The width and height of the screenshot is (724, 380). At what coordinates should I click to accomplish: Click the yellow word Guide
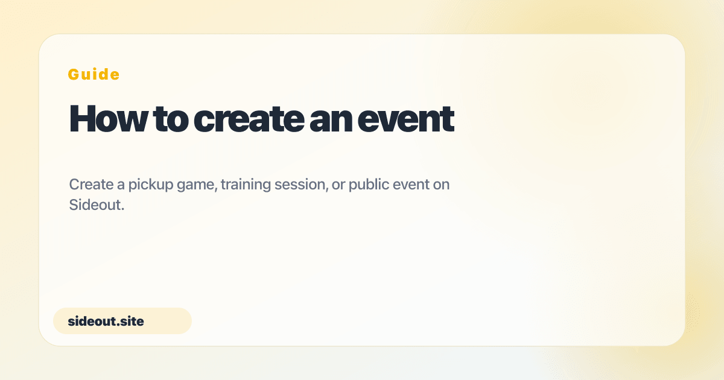coord(94,74)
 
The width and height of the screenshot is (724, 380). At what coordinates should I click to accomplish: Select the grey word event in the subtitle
coord(411,185)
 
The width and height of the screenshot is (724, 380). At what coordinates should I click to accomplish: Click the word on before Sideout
coord(442,185)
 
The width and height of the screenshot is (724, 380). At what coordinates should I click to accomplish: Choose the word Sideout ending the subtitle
coord(95,205)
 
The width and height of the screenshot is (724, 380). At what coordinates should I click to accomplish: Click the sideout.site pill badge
coord(122,321)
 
